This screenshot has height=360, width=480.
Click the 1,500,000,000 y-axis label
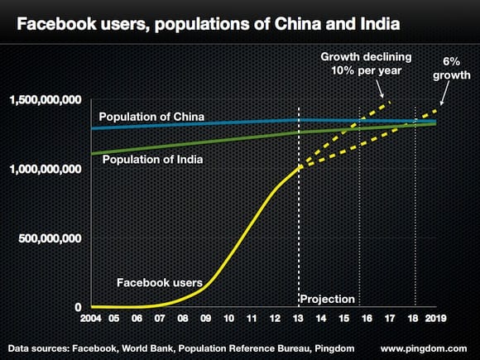coord(46,100)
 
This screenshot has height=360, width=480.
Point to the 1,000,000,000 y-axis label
coord(46,169)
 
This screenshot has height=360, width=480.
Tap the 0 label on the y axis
coord(77,307)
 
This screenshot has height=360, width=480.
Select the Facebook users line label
coord(159,282)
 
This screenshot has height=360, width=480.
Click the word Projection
coord(327,299)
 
